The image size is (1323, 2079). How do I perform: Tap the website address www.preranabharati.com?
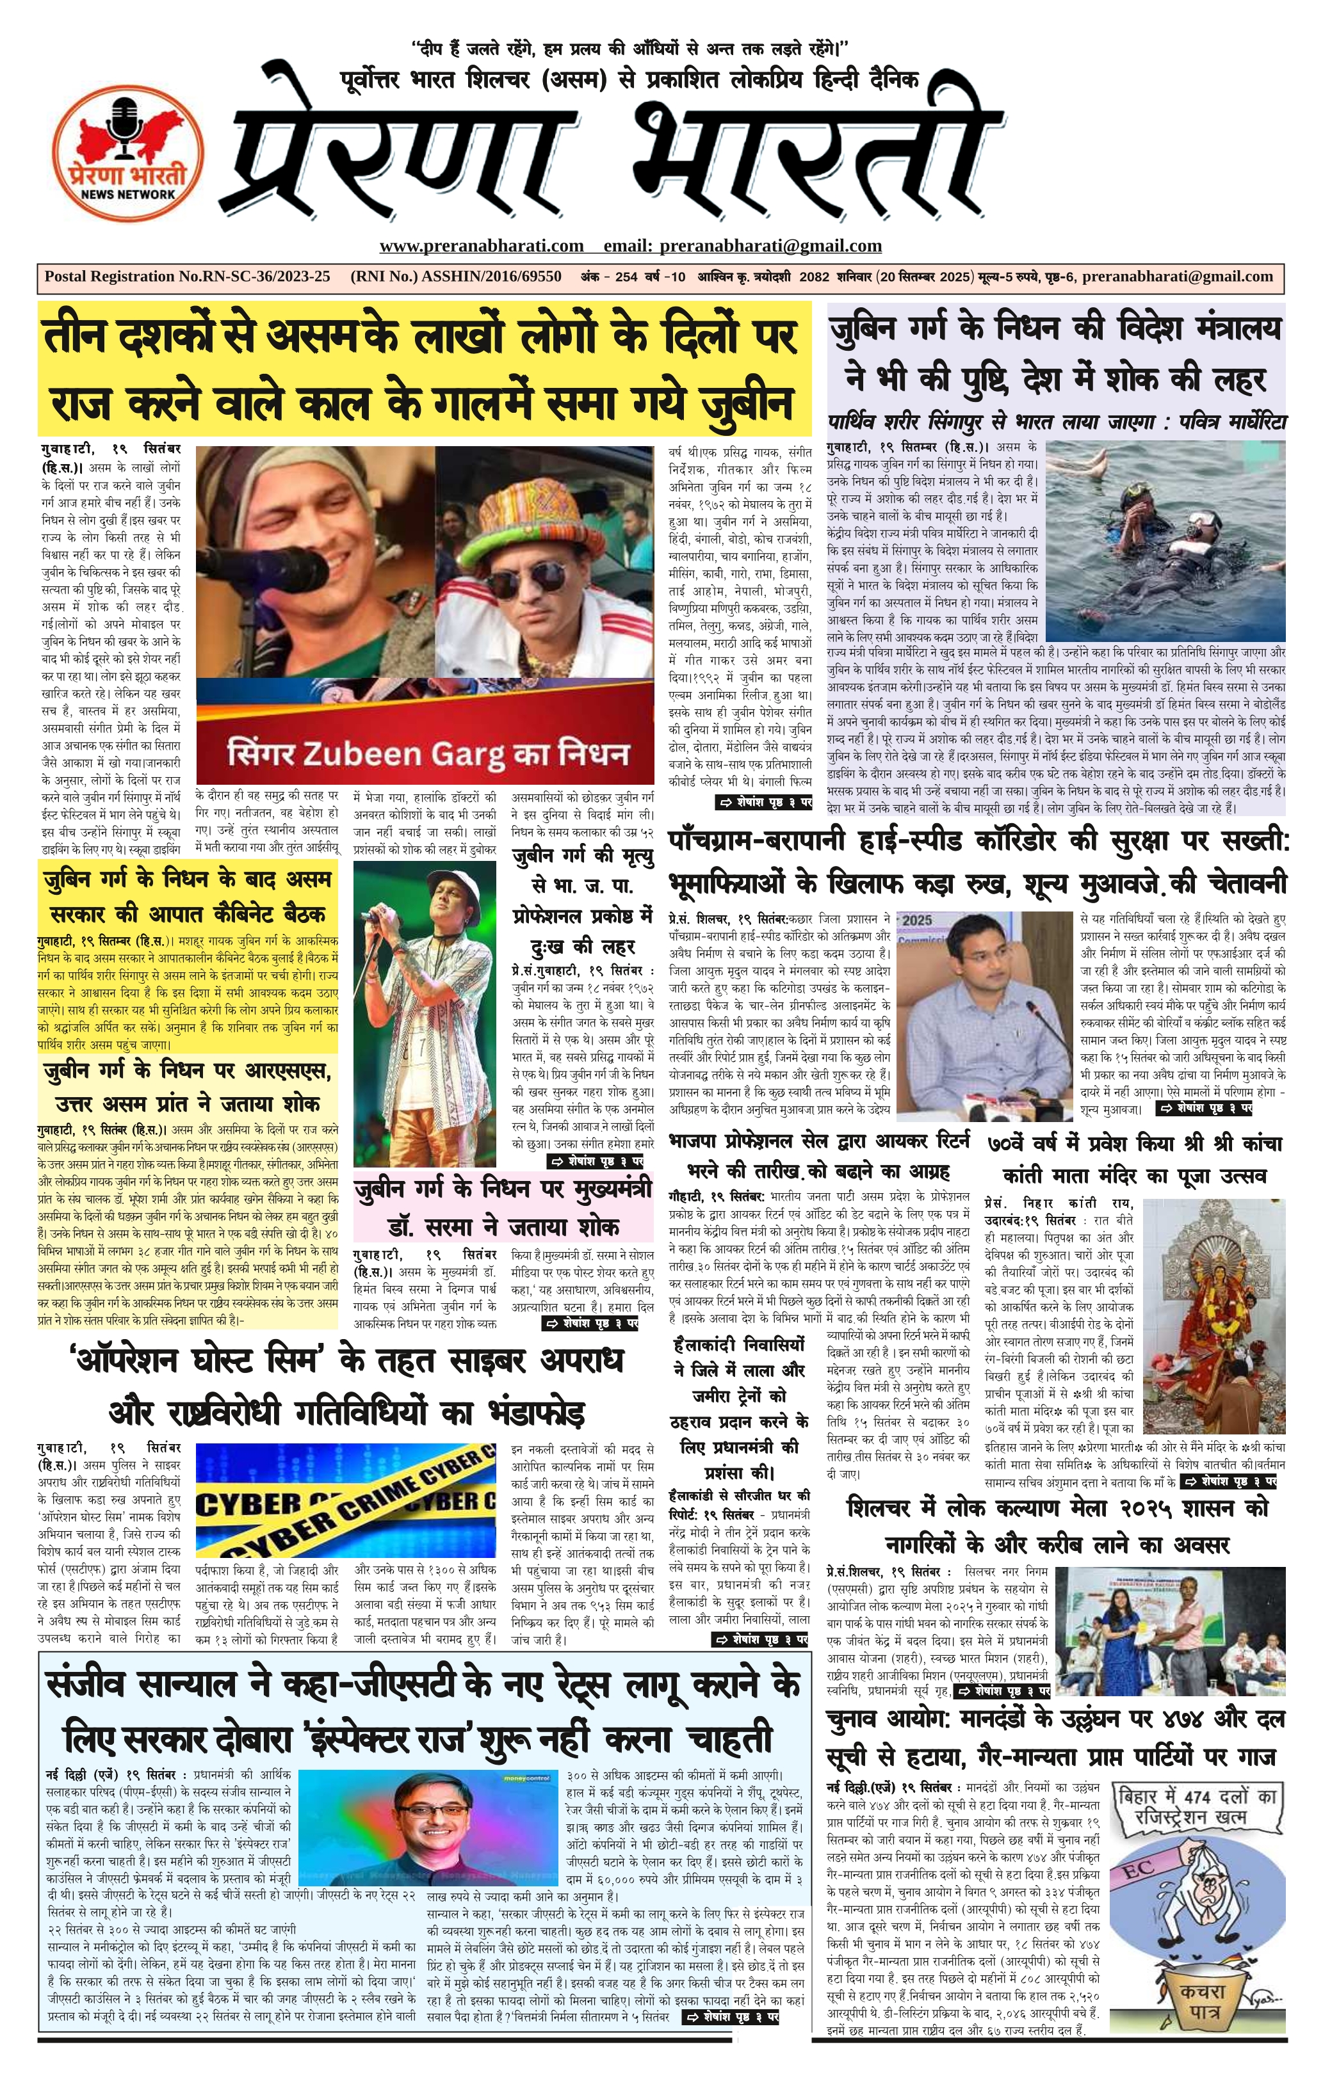point(481,246)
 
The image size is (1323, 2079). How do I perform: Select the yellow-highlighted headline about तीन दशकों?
point(423,369)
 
